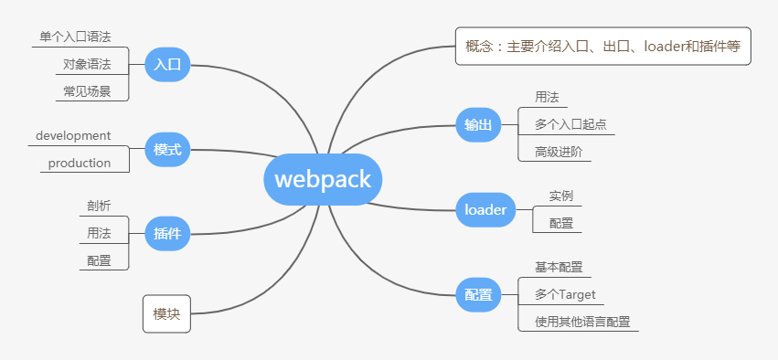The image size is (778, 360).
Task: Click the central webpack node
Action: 323,179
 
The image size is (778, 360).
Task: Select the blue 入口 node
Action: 167,65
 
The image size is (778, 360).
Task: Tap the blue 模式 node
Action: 167,149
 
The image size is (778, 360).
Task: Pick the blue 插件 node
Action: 167,234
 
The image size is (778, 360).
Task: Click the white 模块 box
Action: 166,314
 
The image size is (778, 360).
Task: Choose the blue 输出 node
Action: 478,125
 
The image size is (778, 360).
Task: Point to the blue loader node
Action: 485,210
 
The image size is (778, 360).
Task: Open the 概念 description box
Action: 602,46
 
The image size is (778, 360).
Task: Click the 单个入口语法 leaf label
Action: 75,37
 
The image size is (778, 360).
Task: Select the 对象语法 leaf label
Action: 87,64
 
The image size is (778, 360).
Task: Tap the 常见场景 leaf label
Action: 87,91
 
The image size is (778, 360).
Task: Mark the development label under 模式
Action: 73,135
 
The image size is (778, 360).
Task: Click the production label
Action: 80,164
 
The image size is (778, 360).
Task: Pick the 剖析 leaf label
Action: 99,206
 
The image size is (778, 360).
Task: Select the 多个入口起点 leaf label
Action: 570,124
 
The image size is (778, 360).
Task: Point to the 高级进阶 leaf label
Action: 559,152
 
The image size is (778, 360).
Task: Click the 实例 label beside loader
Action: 561,196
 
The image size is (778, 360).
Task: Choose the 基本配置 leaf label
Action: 559,267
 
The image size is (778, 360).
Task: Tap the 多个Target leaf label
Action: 565,294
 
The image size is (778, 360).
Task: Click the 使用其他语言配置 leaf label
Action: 582,322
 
